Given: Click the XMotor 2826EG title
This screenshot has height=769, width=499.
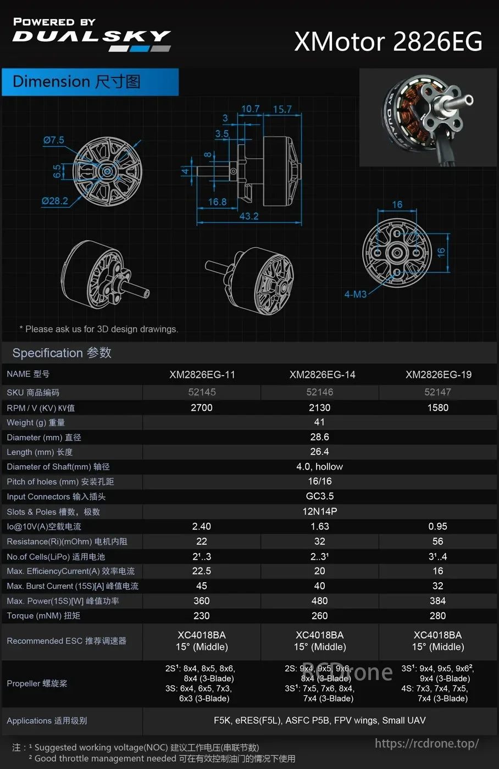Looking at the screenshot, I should (x=388, y=42).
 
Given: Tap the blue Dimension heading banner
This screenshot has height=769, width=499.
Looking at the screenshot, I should (x=90, y=82).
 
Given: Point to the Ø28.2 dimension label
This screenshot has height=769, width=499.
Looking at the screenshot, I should (x=55, y=201).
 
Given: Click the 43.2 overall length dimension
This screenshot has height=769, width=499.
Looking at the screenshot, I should (x=249, y=216).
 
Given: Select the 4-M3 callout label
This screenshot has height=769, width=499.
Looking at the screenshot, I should (x=355, y=294).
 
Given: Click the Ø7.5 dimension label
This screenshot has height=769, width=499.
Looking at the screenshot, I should (x=54, y=140).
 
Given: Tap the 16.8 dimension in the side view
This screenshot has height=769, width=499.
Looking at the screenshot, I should (x=217, y=202).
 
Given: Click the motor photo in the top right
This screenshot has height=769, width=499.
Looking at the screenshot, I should (x=427, y=118).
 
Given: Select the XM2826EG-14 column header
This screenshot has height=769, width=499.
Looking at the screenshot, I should (x=322, y=375).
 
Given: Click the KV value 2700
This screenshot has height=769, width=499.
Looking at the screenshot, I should (x=201, y=408).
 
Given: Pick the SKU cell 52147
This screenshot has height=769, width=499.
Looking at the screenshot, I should (x=437, y=392).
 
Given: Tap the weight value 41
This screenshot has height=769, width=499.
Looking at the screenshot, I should (x=319, y=422).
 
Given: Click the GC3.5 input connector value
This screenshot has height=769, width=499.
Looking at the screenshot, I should (x=319, y=496).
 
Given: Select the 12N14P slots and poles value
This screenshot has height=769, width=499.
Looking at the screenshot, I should (x=319, y=511).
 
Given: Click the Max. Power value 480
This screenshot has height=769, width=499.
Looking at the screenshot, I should (x=319, y=601).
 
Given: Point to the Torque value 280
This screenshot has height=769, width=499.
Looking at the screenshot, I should (x=437, y=616).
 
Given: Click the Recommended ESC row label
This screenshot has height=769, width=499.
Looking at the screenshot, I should (x=66, y=641).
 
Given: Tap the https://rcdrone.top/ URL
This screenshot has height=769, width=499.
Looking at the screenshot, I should (x=426, y=744).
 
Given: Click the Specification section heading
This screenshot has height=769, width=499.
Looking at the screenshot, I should (x=62, y=353).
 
